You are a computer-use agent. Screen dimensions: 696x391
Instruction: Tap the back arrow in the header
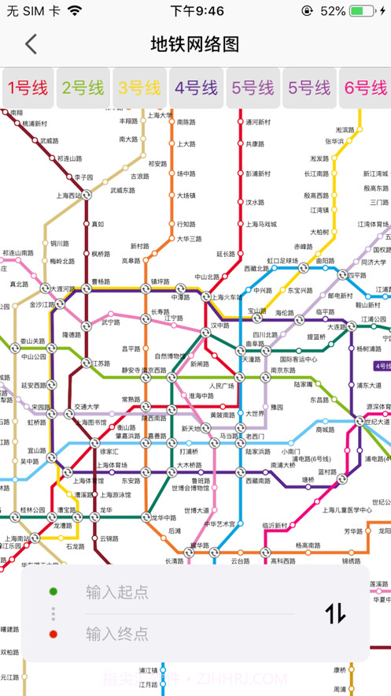click(x=31, y=44)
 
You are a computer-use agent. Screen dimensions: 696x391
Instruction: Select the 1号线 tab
click(x=27, y=87)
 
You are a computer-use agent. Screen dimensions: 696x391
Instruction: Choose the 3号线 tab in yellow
click(x=139, y=87)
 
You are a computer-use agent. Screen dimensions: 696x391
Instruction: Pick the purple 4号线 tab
click(x=196, y=87)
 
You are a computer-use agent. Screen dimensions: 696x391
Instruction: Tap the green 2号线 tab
click(x=83, y=87)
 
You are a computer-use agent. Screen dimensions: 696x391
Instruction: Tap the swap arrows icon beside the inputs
click(x=335, y=612)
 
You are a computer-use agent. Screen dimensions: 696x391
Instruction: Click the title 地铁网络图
click(x=195, y=44)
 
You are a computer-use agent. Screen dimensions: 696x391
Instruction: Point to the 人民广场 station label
click(x=223, y=385)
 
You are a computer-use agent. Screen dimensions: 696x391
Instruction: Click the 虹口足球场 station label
click(x=282, y=259)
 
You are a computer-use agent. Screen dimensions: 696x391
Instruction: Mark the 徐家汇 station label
click(x=109, y=452)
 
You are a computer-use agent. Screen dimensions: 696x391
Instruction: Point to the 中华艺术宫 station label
click(x=220, y=523)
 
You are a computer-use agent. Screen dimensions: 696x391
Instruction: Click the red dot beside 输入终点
click(x=53, y=633)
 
